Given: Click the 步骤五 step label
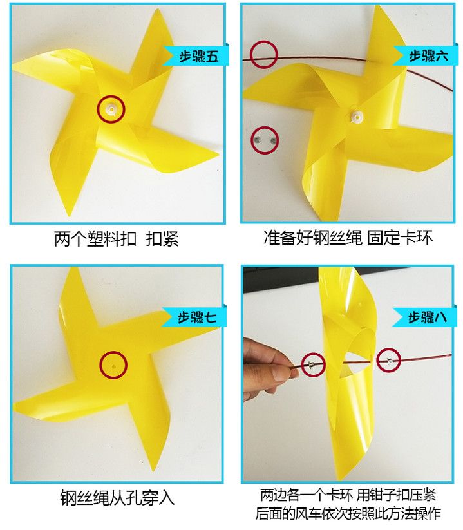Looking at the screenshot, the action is (x=199, y=55).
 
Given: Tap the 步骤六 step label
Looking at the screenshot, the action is (x=428, y=55).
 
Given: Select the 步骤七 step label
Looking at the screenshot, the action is (x=197, y=317).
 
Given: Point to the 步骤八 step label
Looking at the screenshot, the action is (x=428, y=317).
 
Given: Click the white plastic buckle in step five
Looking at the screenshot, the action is (x=111, y=109).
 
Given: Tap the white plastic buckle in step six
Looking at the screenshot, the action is (x=357, y=117).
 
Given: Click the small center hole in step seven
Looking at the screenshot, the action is (x=113, y=366).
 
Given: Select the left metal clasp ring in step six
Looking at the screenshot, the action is (x=258, y=139).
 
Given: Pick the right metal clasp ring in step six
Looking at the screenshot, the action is (x=273, y=140).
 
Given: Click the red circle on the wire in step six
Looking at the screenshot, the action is (x=263, y=55).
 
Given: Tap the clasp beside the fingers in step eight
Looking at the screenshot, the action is (x=312, y=364).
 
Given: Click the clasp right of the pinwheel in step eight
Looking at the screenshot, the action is (x=389, y=361).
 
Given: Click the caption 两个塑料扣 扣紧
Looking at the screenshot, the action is (x=117, y=239).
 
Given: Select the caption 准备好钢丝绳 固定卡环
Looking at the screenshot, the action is (x=348, y=238).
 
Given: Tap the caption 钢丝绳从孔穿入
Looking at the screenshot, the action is (x=117, y=498).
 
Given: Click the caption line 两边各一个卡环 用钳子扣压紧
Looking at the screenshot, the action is (x=348, y=495).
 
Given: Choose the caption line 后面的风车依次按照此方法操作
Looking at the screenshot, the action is (x=348, y=513).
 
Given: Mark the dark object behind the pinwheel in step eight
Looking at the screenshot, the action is (x=281, y=279).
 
